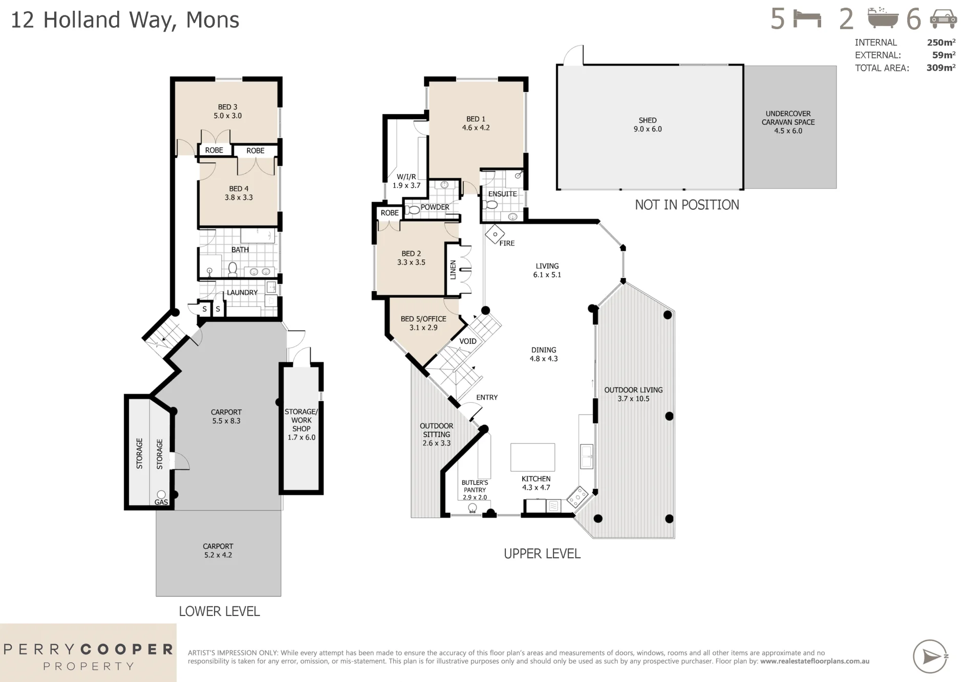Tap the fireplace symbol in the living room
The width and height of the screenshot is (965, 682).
(x=495, y=234)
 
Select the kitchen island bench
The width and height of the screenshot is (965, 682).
(x=532, y=457)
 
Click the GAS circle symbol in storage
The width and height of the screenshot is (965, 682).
(x=161, y=494)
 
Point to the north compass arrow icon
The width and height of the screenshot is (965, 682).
(x=930, y=656)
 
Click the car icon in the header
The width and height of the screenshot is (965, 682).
(x=943, y=19)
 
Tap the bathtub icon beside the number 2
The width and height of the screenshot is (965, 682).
(x=883, y=18)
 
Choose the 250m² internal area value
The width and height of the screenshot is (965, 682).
(x=941, y=42)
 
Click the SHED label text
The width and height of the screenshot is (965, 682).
(x=648, y=120)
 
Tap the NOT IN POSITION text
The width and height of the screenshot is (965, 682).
(x=687, y=205)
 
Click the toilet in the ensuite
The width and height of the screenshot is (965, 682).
(x=491, y=205)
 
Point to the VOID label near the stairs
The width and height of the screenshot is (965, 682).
(x=468, y=341)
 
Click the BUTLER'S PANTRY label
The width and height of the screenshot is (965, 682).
(x=475, y=486)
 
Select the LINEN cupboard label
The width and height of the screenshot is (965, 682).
(x=453, y=270)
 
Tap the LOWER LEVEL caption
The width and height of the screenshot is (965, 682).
(x=219, y=611)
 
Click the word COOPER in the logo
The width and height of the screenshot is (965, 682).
(x=126, y=649)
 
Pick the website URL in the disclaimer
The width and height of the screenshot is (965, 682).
(x=814, y=661)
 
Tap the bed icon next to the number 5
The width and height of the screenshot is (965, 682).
(x=807, y=19)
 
